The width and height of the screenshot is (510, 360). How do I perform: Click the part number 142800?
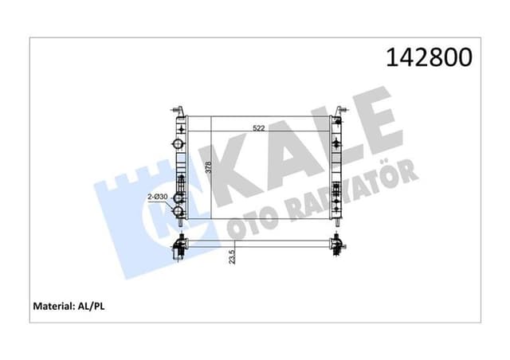[430, 57]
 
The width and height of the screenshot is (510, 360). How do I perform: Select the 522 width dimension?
[257, 128]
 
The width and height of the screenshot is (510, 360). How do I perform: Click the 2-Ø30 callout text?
[156, 197]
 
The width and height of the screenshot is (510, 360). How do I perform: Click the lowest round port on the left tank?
[180, 212]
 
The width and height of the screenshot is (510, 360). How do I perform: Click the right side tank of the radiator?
[338, 167]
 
